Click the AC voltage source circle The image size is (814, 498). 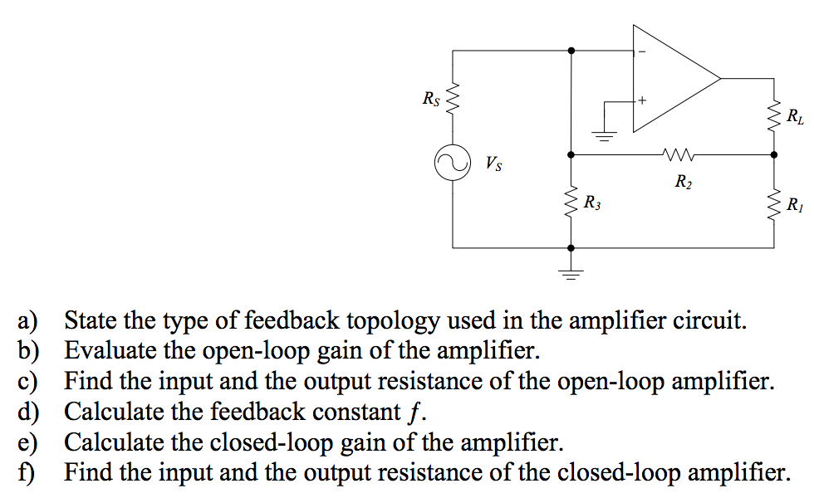(x=453, y=164)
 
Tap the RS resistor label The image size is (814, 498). (x=430, y=100)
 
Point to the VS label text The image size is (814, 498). (x=493, y=163)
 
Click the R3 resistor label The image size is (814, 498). (x=592, y=202)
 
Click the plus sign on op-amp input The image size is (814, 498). (x=640, y=101)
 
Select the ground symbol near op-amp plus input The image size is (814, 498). (x=604, y=135)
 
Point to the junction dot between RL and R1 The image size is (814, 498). (x=774, y=154)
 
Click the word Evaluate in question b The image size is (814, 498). (x=105, y=350)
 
